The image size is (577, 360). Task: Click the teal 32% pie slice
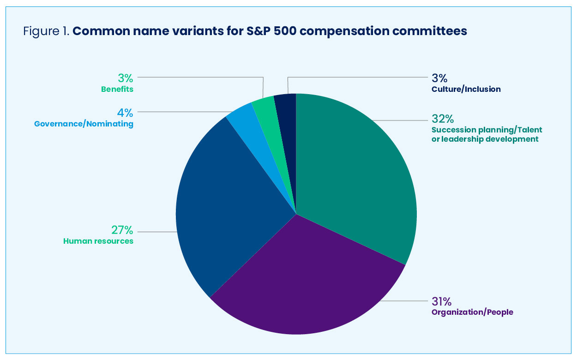pos(355,175)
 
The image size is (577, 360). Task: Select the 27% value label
pos(122,230)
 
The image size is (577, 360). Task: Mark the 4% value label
pos(126,113)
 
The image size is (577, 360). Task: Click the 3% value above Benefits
pos(126,78)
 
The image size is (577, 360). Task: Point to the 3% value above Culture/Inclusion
pos(439,78)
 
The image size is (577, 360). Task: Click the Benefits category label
pos(117,89)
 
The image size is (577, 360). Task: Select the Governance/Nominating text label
pos(84,124)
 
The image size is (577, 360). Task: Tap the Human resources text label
pos(98,241)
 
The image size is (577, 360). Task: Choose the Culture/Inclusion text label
pos(466,89)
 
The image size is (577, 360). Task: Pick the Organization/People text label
pos(472,312)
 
